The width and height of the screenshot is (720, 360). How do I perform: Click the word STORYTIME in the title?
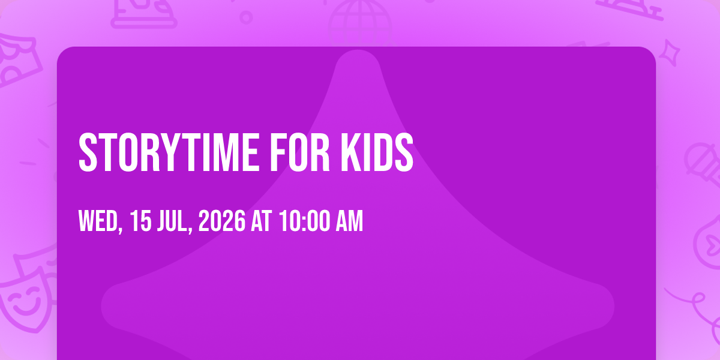point(169,152)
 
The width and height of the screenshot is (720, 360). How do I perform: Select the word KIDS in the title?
point(377,152)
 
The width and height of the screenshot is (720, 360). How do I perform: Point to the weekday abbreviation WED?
point(98,221)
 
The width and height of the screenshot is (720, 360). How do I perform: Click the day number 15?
point(140,221)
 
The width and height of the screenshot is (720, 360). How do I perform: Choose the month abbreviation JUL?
point(172,221)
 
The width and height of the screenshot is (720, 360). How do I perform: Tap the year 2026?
point(222,221)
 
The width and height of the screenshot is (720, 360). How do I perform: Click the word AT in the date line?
point(262,221)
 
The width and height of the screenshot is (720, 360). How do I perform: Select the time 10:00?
point(304,221)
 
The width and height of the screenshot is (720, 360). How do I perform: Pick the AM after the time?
point(349,221)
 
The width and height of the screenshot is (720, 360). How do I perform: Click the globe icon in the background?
point(360,23)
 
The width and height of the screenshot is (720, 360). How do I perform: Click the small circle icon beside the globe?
point(246,17)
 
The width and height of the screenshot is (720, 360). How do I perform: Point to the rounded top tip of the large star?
point(358,52)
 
